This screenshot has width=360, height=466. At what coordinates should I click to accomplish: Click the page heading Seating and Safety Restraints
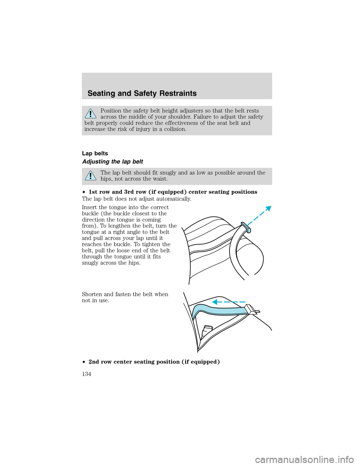[x=142, y=93]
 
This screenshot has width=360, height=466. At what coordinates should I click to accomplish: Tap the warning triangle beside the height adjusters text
[x=90, y=113]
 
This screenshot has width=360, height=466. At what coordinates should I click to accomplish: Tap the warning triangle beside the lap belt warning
[x=90, y=176]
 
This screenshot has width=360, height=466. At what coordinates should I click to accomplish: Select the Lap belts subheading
[x=95, y=153]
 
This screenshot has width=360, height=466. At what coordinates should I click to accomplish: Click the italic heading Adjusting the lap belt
[x=112, y=162]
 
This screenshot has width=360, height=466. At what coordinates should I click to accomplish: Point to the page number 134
[x=86, y=374]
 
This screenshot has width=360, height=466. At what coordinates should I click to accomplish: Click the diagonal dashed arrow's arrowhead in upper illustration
[x=267, y=209]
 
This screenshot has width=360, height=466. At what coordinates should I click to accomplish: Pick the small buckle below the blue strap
[x=207, y=330]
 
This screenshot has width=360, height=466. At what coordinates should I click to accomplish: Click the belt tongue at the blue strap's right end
[x=252, y=310]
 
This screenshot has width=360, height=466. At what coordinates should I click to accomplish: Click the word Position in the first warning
[x=111, y=111]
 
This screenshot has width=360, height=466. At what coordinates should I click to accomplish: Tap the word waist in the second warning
[x=160, y=179]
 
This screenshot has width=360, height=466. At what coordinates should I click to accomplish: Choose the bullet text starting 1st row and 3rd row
[x=172, y=192]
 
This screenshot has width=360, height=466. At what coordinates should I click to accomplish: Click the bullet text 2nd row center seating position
[x=154, y=362]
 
